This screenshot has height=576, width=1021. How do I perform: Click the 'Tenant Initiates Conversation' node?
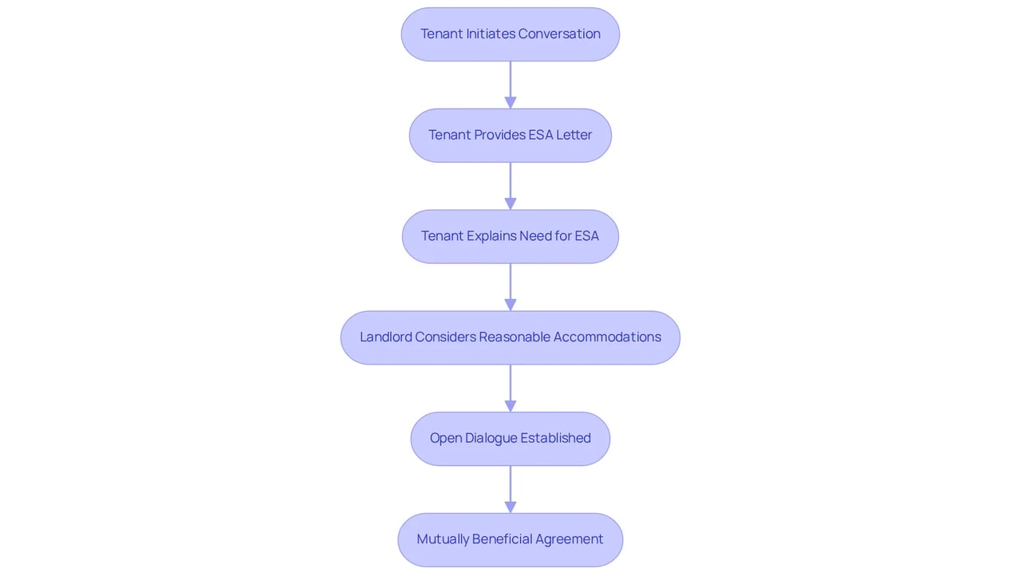(x=510, y=34)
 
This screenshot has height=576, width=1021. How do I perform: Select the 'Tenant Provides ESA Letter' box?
(x=510, y=136)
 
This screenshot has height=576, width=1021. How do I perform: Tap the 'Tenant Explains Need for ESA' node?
(x=510, y=236)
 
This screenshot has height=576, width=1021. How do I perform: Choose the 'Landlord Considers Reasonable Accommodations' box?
(x=510, y=337)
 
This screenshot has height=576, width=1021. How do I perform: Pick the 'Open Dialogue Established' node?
(x=510, y=439)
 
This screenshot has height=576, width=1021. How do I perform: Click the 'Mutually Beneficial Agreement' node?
(x=510, y=540)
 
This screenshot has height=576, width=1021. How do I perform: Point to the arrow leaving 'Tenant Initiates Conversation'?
(x=510, y=85)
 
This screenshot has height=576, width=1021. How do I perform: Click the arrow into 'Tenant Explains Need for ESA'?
(x=510, y=186)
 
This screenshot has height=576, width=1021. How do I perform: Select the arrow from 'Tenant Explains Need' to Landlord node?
(x=510, y=287)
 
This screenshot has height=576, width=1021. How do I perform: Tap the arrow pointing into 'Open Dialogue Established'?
(x=510, y=389)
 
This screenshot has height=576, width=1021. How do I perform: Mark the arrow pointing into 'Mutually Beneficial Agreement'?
(x=510, y=489)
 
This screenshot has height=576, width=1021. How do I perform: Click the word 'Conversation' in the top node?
(x=559, y=34)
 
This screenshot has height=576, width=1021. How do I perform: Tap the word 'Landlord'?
(x=385, y=337)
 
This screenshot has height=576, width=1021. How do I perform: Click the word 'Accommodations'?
(x=607, y=337)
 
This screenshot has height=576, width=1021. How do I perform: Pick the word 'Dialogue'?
(x=491, y=438)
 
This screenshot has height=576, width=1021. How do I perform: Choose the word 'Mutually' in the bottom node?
(x=443, y=539)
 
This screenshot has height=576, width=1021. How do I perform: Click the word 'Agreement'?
(x=570, y=539)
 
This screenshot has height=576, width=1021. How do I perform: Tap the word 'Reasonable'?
(x=514, y=337)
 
